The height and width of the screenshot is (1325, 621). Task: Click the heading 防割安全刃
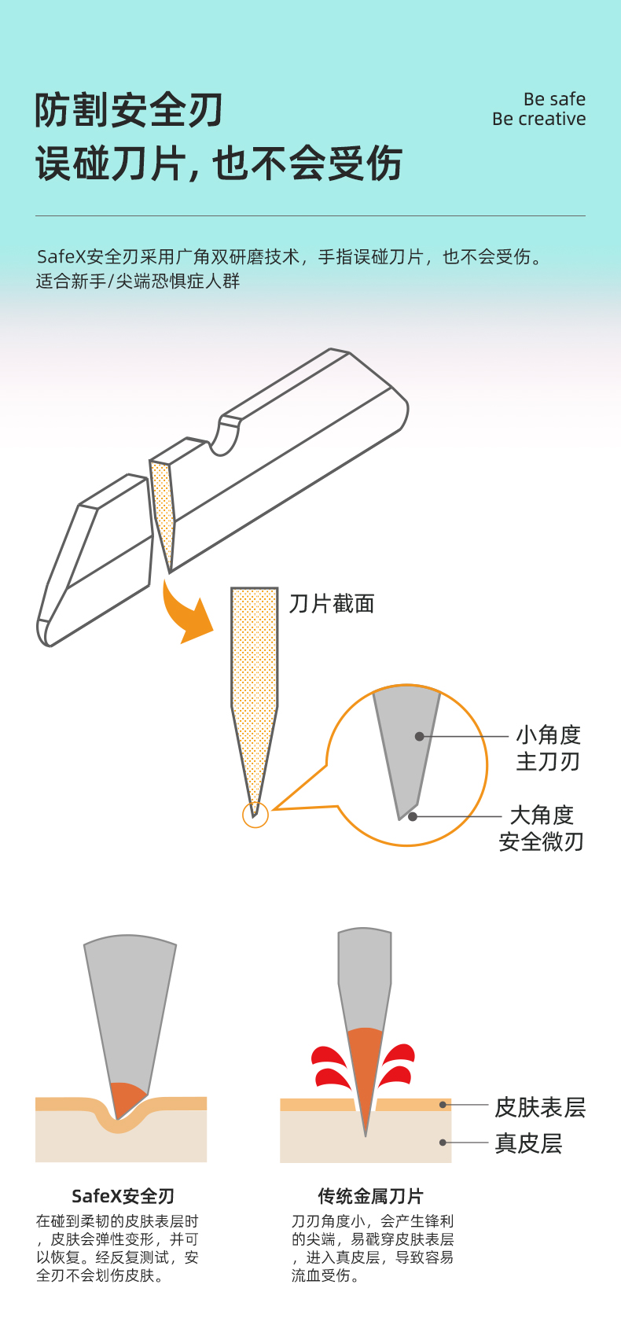click(129, 110)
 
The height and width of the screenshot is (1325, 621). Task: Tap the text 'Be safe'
click(554, 99)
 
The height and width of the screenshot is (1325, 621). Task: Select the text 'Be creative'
click(538, 120)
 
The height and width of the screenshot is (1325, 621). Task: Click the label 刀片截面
click(332, 604)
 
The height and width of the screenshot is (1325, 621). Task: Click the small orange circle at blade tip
click(255, 815)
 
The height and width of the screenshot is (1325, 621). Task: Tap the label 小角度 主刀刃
click(548, 748)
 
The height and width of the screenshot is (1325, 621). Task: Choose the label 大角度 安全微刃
click(542, 828)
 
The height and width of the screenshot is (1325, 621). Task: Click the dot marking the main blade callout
click(420, 737)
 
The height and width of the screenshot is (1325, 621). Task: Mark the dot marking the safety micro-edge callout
click(413, 817)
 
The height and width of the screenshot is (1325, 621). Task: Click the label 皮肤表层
click(540, 1107)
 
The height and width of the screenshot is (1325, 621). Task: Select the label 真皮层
click(528, 1143)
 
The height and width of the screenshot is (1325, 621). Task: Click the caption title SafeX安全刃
click(123, 1196)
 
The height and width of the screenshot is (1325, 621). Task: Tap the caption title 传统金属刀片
click(370, 1196)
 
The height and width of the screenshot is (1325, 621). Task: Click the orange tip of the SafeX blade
click(126, 1098)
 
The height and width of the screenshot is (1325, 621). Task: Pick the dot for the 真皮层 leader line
click(443, 1143)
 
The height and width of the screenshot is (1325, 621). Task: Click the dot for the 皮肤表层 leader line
click(443, 1105)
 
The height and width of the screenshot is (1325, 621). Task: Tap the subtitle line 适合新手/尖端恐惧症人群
click(138, 282)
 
